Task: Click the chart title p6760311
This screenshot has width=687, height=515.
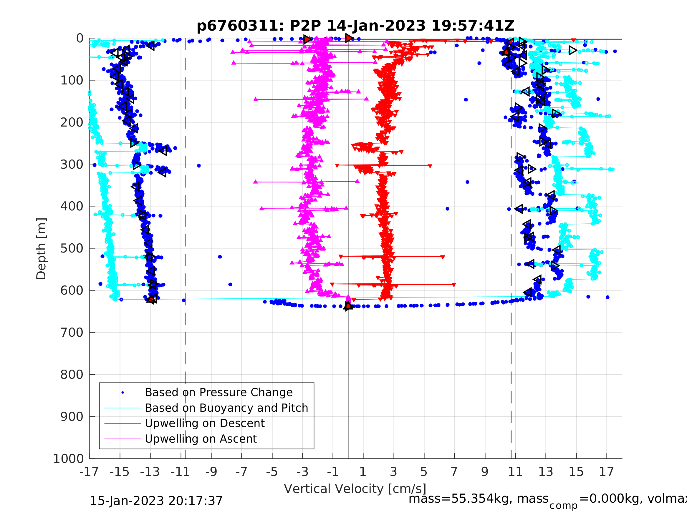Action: (355, 26)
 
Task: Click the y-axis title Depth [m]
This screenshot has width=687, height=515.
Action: (41, 249)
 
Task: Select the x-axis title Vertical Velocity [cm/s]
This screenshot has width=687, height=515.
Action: (355, 489)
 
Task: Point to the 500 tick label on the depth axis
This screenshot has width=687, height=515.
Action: (72, 249)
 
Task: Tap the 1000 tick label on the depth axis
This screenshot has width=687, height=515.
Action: (68, 459)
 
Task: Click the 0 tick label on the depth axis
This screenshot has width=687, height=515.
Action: (80, 39)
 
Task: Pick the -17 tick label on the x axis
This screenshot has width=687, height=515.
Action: (89, 472)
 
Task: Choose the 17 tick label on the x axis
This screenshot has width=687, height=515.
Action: (606, 472)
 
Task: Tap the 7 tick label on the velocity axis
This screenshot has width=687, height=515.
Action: (454, 472)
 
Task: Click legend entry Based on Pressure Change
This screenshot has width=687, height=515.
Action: (219, 392)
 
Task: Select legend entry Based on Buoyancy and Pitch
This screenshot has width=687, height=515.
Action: (226, 408)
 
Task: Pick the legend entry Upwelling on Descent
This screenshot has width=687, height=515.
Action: (205, 423)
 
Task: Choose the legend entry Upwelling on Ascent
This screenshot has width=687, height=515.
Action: (201, 439)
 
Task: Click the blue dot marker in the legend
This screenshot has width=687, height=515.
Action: (123, 393)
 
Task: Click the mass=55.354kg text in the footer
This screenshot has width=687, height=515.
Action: (478, 499)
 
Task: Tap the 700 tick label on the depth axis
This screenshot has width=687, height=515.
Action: (72, 333)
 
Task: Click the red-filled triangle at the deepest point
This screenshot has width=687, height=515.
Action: (348, 306)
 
